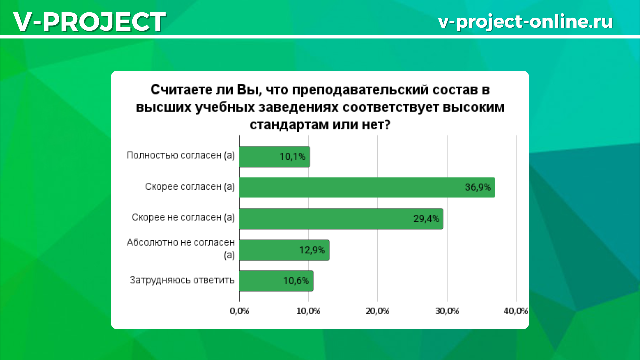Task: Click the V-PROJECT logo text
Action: tap(89, 22)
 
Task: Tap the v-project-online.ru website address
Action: tap(525, 22)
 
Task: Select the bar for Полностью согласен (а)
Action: tap(275, 157)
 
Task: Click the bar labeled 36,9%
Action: tap(367, 187)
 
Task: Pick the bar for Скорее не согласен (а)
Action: tap(341, 219)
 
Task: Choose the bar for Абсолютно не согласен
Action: tap(284, 250)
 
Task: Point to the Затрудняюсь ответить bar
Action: tap(276, 281)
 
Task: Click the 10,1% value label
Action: tap(292, 157)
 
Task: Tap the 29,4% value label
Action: tap(426, 219)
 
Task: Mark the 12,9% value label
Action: tap(312, 250)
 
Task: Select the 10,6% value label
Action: tap(296, 281)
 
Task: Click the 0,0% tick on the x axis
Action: tap(239, 311)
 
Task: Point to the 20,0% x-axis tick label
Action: tap(378, 311)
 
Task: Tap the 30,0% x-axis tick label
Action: tap(447, 311)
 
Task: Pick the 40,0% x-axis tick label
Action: tap(516, 311)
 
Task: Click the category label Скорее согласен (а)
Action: tap(190, 187)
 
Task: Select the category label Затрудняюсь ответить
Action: tap(182, 280)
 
